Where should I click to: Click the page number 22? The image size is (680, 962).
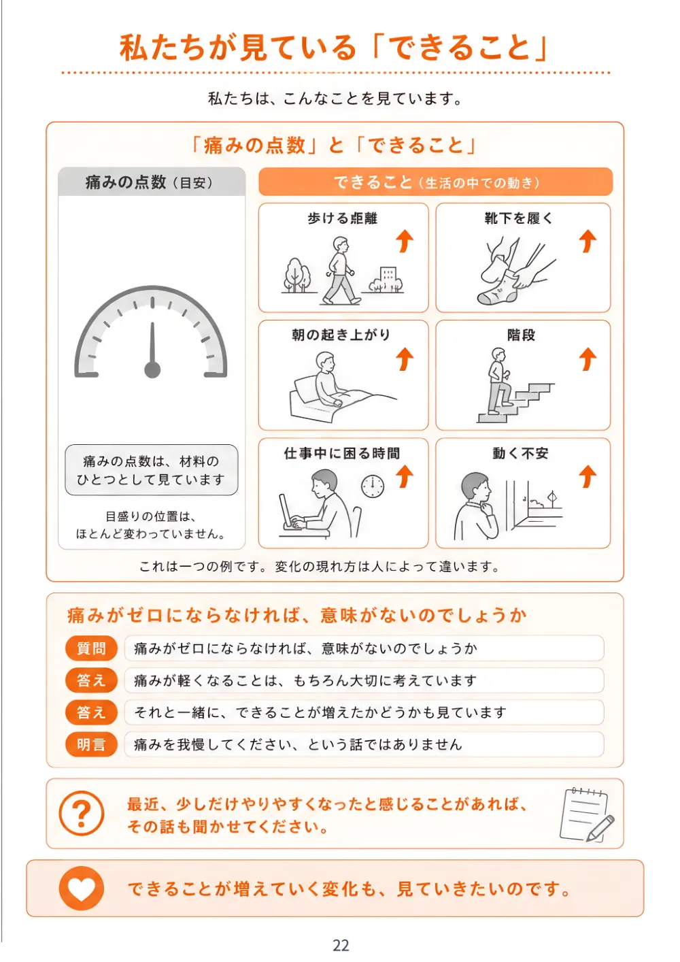click(341, 945)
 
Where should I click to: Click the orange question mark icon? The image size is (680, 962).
click(81, 814)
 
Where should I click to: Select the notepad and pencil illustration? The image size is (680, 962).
click(587, 814)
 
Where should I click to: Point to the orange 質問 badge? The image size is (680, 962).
click(91, 648)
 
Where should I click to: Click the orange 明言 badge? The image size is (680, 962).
click(91, 744)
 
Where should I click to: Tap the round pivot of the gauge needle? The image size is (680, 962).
click(152, 369)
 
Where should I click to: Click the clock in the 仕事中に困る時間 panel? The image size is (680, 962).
click(372, 486)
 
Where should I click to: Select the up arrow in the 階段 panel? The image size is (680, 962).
click(588, 359)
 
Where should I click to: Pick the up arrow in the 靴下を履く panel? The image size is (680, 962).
click(588, 241)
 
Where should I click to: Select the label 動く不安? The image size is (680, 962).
click(520, 453)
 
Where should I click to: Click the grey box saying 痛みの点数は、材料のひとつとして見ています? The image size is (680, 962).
click(152, 470)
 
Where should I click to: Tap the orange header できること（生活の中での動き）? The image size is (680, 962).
click(435, 182)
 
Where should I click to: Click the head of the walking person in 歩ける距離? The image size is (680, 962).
click(341, 244)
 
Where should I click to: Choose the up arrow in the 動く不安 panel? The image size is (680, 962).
click(588, 477)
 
